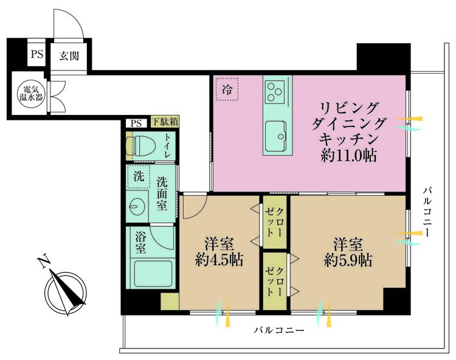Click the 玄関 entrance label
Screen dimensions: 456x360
(x=69, y=55)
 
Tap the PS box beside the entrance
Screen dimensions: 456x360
(x=36, y=54)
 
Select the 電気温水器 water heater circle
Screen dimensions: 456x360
(x=31, y=93)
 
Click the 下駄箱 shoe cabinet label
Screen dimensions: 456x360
(x=165, y=122)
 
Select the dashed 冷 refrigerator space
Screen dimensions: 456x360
(x=227, y=89)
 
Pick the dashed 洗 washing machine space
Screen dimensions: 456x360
(x=139, y=177)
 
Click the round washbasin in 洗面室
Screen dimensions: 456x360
(x=137, y=206)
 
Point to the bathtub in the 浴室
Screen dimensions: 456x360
(x=153, y=273)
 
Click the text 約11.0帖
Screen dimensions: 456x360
(x=349, y=156)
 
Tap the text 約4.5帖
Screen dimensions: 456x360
(x=219, y=259)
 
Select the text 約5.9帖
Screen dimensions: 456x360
(x=348, y=260)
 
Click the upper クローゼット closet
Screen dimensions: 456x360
(x=275, y=222)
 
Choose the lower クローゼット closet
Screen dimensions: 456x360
(x=275, y=281)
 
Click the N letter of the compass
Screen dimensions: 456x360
(x=44, y=263)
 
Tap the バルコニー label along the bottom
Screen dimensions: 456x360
(x=279, y=330)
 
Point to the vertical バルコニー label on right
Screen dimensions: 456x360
(x=427, y=212)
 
